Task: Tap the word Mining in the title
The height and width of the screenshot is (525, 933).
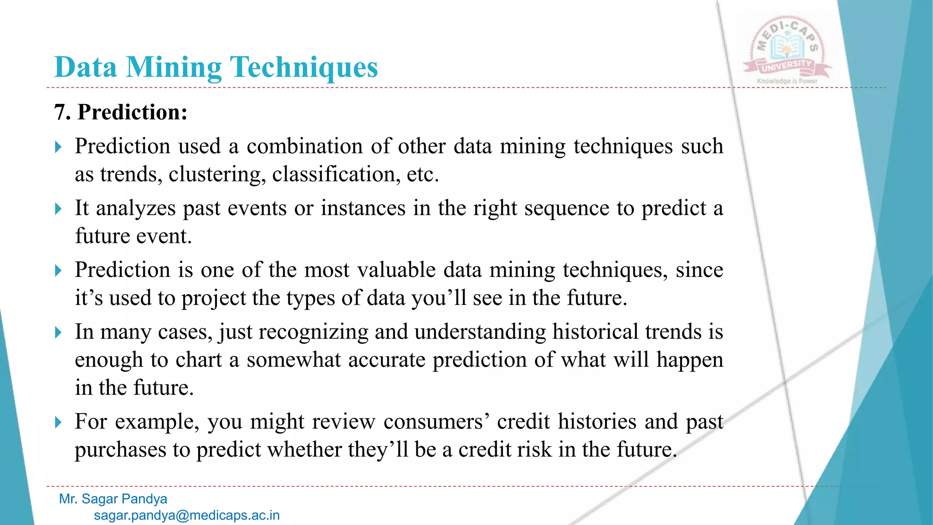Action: coord(174,67)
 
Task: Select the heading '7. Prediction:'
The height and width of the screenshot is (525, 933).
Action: coord(121,112)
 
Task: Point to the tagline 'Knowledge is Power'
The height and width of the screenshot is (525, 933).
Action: coord(787,81)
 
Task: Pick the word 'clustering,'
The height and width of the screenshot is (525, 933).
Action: coord(217,175)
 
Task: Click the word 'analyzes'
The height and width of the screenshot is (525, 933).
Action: coord(135,209)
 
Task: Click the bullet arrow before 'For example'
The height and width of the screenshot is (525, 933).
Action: coord(58,422)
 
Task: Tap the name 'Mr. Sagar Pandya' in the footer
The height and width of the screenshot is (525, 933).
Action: coord(113,499)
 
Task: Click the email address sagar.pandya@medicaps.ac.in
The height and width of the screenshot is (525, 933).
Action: coord(187,515)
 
